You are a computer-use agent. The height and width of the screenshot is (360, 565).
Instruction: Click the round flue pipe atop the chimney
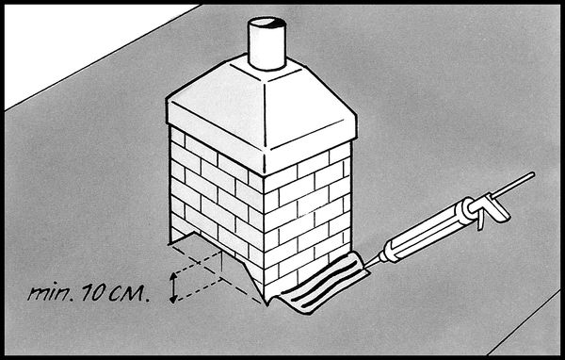267,43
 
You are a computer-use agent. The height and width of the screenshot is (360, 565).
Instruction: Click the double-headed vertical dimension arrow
173,287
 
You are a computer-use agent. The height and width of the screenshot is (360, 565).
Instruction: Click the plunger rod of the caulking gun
513,185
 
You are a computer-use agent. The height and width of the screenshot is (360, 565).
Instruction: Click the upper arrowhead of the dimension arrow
173,276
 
